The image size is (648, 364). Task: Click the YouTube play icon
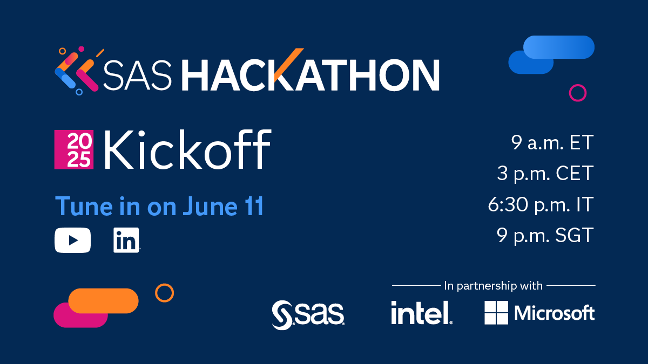(72, 241)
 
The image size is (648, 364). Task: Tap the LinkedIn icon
(126, 241)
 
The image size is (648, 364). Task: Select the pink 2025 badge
(74, 149)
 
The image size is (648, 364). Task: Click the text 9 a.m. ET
(552, 143)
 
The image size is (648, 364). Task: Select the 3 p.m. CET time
(545, 174)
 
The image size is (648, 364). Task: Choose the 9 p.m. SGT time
(545, 236)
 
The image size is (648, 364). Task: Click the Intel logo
(421, 313)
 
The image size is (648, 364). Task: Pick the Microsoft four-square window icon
(496, 313)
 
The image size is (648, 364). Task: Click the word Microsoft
(555, 313)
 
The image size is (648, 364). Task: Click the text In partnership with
(493, 285)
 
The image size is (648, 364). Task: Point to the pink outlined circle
(577, 93)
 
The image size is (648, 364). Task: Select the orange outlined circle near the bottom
(164, 293)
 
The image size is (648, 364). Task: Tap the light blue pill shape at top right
(559, 47)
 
